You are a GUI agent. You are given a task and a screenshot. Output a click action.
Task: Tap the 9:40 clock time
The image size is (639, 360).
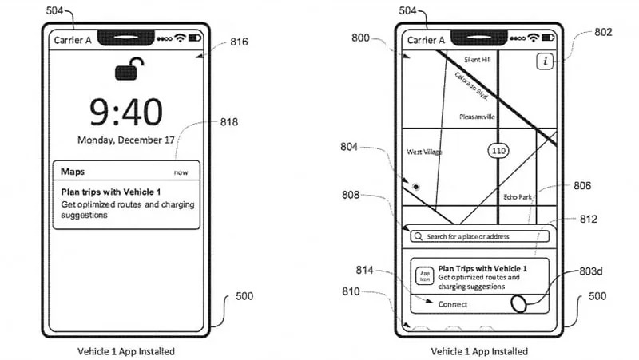pyautogui.click(x=126, y=112)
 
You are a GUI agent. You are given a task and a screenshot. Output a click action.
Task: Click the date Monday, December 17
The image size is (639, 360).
pyautogui.click(x=126, y=140)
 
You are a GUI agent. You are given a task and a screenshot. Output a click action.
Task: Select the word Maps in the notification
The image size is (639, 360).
pyautogui.click(x=73, y=172)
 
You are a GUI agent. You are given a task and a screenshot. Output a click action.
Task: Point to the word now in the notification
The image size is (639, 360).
pyautogui.click(x=183, y=172)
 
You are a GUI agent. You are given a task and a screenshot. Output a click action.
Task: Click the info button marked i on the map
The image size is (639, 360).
pyautogui.click(x=545, y=61)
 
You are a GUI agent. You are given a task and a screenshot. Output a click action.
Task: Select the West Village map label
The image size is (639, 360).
pyautogui.click(x=424, y=152)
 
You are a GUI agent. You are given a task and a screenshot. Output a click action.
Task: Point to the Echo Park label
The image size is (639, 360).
pyautogui.click(x=518, y=196)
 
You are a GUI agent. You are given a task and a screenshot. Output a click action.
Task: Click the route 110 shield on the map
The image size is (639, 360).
pyautogui.click(x=499, y=150)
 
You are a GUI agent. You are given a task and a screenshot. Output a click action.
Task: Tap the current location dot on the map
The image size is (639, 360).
pyautogui.click(x=416, y=186)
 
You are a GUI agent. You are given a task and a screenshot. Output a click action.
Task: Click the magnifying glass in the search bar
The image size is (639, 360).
pyautogui.click(x=418, y=236)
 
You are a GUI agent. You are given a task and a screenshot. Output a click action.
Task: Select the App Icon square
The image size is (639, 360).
pyautogui.click(x=425, y=275)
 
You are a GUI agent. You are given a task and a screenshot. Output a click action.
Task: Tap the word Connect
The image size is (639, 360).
pyautogui.click(x=453, y=304)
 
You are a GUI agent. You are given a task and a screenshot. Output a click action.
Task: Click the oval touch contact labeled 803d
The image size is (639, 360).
pyautogui.click(x=520, y=304)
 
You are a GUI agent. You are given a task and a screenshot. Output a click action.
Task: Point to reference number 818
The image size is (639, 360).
pyautogui.click(x=229, y=122)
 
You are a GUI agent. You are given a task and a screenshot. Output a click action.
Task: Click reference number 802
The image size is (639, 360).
pyautogui.click(x=603, y=33)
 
